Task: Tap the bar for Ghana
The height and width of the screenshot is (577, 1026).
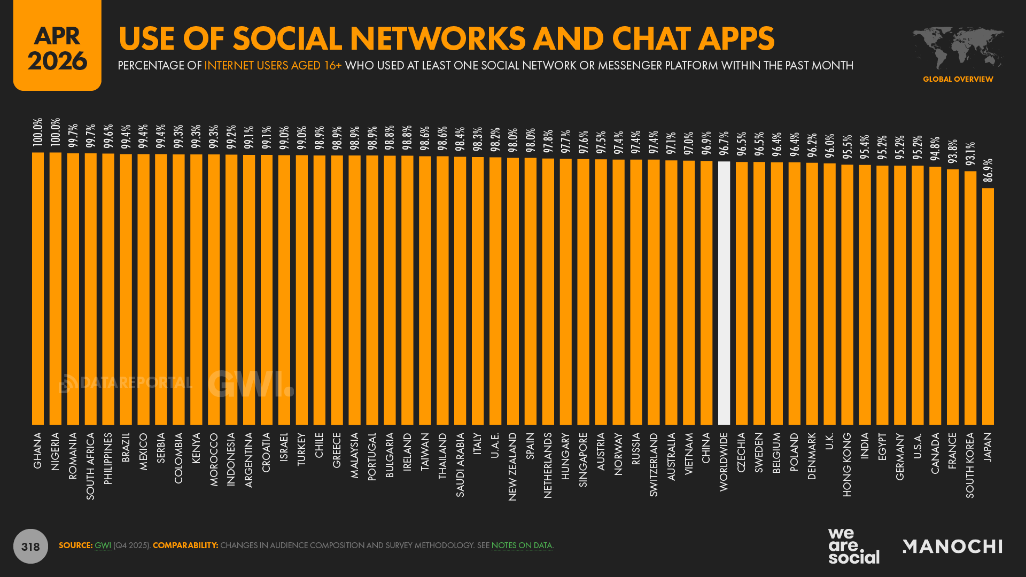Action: pyautogui.click(x=38, y=288)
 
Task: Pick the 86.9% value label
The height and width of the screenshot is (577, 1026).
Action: pyautogui.click(x=988, y=170)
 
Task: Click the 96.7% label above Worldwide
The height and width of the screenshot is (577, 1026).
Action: pyautogui.click(x=724, y=143)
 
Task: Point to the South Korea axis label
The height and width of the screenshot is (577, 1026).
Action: pyautogui.click(x=970, y=465)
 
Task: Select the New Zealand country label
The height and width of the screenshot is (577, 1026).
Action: pyautogui.click(x=512, y=466)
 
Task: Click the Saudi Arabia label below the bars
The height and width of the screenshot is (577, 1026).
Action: pyautogui.click(x=460, y=464)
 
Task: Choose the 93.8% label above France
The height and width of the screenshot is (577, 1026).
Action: pyautogui.click(x=952, y=152)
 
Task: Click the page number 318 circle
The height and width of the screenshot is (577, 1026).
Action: pyautogui.click(x=30, y=546)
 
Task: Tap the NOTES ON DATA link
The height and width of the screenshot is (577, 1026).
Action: pyautogui.click(x=522, y=545)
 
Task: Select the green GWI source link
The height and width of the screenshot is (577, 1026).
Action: pyautogui.click(x=103, y=545)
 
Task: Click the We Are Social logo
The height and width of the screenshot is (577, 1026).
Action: pyautogui.click(x=853, y=546)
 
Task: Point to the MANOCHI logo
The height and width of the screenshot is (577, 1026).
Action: pyautogui.click(x=952, y=546)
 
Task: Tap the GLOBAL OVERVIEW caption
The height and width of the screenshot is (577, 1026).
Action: pyautogui.click(x=958, y=79)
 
